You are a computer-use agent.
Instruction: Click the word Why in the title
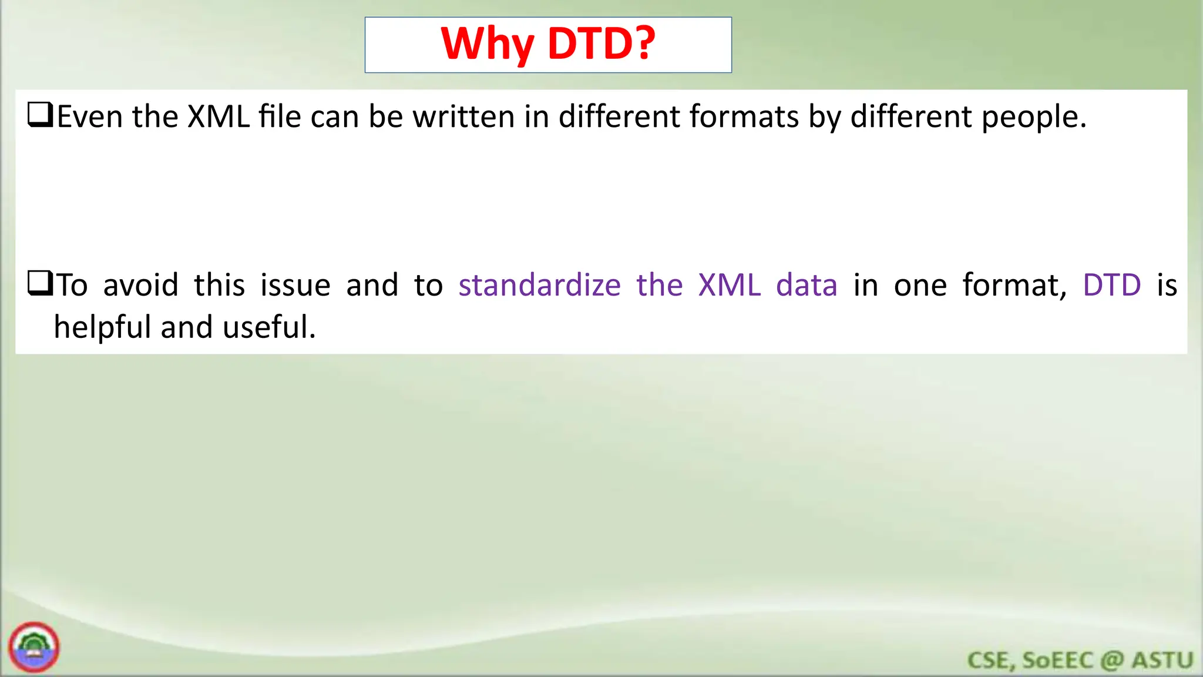487,45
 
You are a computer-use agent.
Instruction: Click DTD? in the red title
601,45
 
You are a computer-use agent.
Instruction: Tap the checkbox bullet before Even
41,115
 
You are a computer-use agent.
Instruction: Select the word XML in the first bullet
218,116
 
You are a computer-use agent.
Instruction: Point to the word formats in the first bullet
744,116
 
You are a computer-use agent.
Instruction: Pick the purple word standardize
539,286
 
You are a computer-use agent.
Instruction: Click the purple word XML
729,286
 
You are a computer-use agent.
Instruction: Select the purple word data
807,286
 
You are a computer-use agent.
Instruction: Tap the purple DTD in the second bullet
1111,286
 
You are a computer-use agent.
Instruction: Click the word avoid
140,286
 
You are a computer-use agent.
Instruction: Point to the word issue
295,286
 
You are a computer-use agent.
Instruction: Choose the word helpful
102,327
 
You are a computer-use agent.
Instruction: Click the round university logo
34,647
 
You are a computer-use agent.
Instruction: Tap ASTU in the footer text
1162,661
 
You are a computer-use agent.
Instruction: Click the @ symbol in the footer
1112,661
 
